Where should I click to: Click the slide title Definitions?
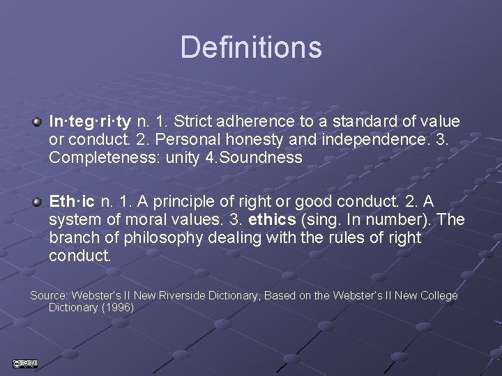tap(251, 47)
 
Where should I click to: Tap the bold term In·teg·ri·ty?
tap(89, 122)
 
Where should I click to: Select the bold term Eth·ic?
tap(73, 202)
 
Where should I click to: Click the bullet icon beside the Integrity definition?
tap(38, 122)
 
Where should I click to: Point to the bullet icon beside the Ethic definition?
tap(38, 202)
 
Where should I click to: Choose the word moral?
tap(137, 220)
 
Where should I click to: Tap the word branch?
tap(73, 238)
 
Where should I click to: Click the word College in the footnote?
tap(436, 296)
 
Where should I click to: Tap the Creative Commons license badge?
tap(24, 363)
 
